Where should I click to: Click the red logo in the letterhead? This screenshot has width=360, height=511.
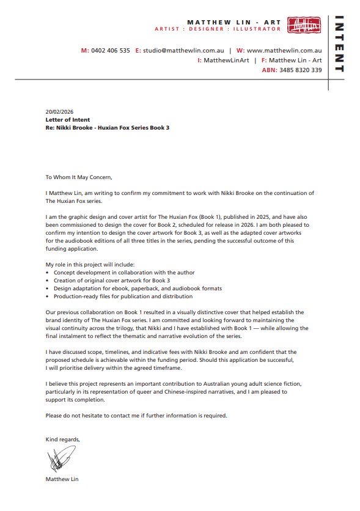tap(304, 25)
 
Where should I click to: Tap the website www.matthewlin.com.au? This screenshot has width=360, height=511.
tap(284, 51)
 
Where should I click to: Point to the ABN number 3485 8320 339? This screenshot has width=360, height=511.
tap(300, 70)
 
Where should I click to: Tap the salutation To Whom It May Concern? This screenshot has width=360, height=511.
tap(79, 177)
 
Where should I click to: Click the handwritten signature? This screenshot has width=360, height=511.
tap(61, 458)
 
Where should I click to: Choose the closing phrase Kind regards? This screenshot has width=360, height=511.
tap(62, 439)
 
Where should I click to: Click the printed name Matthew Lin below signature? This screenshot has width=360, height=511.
tap(62, 479)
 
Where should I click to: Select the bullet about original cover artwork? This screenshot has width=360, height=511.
tap(110, 280)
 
